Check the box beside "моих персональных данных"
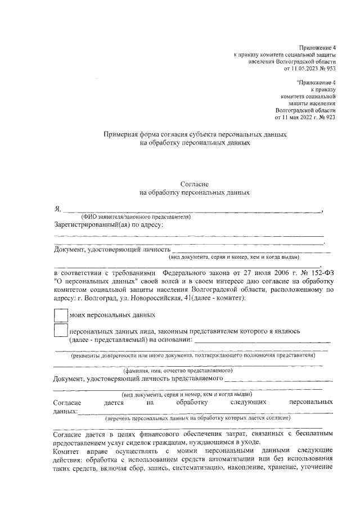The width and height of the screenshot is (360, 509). pos(60,316)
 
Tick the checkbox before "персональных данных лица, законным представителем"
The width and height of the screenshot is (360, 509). pos(60,331)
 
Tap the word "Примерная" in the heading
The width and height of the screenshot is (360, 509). pos(121,135)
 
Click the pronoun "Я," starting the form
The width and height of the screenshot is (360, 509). pos(57,209)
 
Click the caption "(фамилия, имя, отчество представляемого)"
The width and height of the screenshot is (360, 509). pos(178,371)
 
